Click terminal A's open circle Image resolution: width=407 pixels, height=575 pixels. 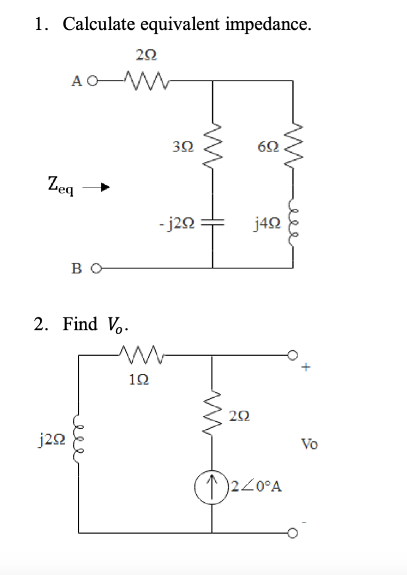point(94,82)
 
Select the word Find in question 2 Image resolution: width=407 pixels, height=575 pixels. point(80,324)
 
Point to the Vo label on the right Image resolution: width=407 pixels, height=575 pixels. point(309,444)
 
